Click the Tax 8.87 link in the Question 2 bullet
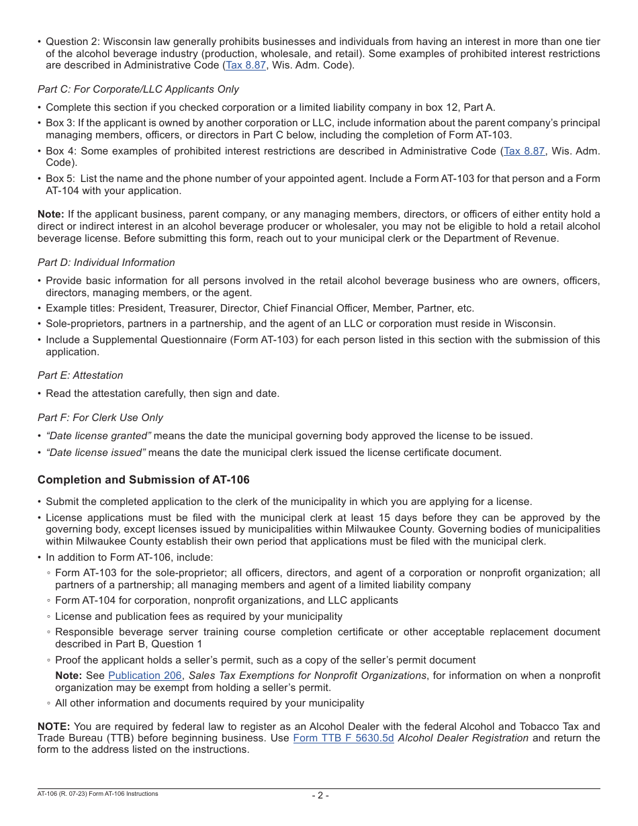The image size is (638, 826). [246, 65]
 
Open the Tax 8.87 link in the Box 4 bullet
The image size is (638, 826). [524, 151]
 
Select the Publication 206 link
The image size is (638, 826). [144, 676]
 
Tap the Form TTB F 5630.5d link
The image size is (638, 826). [343, 738]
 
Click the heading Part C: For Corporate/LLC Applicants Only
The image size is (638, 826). [138, 89]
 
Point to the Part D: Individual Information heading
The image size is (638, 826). [106, 263]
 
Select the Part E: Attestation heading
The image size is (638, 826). [80, 375]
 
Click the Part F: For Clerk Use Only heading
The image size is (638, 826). [100, 418]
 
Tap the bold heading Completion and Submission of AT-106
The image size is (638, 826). [143, 479]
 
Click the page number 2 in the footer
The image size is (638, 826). [320, 796]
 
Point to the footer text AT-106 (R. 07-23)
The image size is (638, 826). [67, 794]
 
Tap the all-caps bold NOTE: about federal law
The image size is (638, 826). [54, 727]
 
